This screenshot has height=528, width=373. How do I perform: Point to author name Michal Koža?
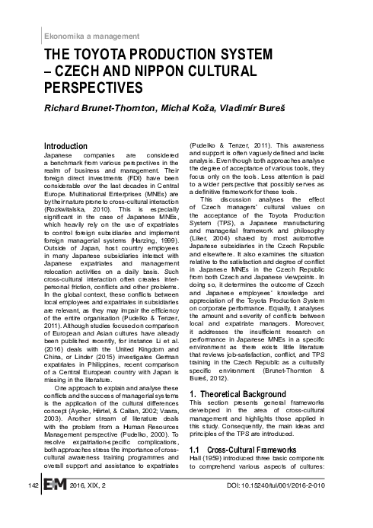coord(193,111)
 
